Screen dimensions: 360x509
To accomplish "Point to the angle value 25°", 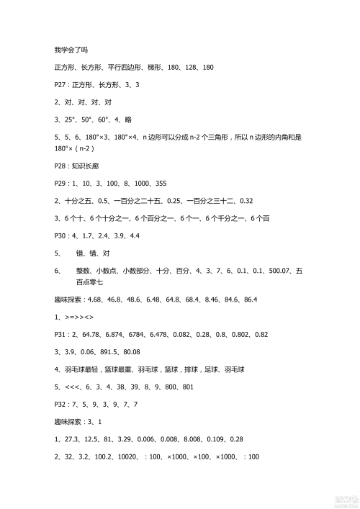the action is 71,119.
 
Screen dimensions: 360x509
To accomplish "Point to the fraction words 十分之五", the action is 75,201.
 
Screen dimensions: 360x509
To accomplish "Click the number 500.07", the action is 276,271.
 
